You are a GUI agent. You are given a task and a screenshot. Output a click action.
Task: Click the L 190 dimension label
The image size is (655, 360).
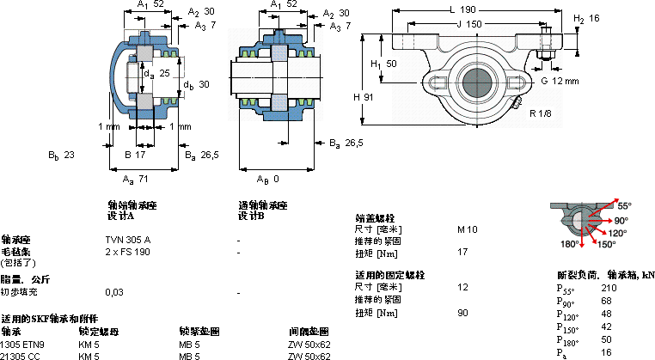pos(463,10)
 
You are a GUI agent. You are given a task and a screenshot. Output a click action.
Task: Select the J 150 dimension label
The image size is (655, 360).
pos(466,24)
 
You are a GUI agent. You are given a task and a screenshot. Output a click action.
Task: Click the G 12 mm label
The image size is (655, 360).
pos(560,81)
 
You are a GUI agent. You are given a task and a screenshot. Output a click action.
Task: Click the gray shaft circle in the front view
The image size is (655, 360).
pos(478,82)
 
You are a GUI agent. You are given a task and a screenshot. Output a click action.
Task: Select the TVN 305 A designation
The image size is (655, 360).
pos(127,239)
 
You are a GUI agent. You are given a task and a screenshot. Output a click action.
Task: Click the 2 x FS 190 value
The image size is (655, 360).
pos(127,252)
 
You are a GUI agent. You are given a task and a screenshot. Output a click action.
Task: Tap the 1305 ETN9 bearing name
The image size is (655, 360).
pos(22,344)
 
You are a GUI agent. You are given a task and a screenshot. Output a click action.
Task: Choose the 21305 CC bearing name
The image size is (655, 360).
pos(21,355)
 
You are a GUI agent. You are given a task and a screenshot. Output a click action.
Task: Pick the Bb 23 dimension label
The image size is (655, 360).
pos(62,155)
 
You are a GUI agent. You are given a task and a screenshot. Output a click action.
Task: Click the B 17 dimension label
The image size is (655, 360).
pos(135,155)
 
